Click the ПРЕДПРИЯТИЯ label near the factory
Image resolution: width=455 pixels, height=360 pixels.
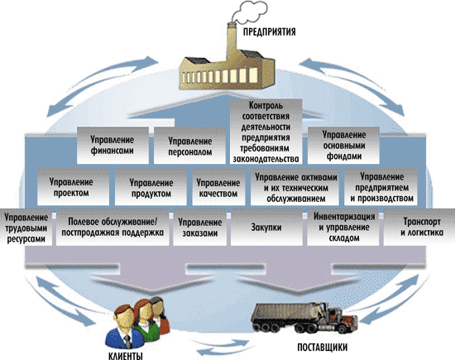pyautogui.click(x=270, y=31)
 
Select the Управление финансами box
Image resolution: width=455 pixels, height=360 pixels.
pyautogui.click(x=113, y=146)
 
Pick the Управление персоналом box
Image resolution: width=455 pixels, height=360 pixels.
pyautogui.click(x=189, y=146)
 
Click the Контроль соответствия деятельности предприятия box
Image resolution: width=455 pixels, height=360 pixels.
pyautogui.click(x=266, y=132)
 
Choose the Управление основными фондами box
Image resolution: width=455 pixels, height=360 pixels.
pyautogui.click(x=343, y=146)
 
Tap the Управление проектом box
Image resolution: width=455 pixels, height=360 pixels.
pyautogui.click(x=73, y=187)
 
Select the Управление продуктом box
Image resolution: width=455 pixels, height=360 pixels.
pyautogui.click(x=151, y=187)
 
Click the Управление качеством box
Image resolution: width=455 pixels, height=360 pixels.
pyautogui.click(x=218, y=187)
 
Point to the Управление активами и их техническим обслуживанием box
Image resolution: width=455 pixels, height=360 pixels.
pyautogui.click(x=295, y=187)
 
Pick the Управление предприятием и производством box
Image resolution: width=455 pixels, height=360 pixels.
pyautogui.click(x=381, y=187)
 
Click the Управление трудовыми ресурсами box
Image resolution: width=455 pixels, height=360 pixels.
pyautogui.click(x=26, y=228)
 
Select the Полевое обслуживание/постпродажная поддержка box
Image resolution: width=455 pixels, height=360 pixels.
pyautogui.click(x=113, y=228)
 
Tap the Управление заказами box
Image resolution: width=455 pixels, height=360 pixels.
pyautogui.click(x=200, y=228)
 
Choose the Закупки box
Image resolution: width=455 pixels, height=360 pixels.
pyautogui.click(x=266, y=228)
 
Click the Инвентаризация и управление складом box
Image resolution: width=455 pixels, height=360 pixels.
pyautogui.click(x=343, y=228)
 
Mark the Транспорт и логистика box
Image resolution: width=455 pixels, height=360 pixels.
pyautogui.click(x=419, y=228)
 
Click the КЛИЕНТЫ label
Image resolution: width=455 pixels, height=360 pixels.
pyautogui.click(x=126, y=356)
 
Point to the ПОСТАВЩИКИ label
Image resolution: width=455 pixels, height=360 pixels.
pyautogui.click(x=323, y=348)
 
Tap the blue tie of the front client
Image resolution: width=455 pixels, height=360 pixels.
pyautogui.click(x=127, y=342)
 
